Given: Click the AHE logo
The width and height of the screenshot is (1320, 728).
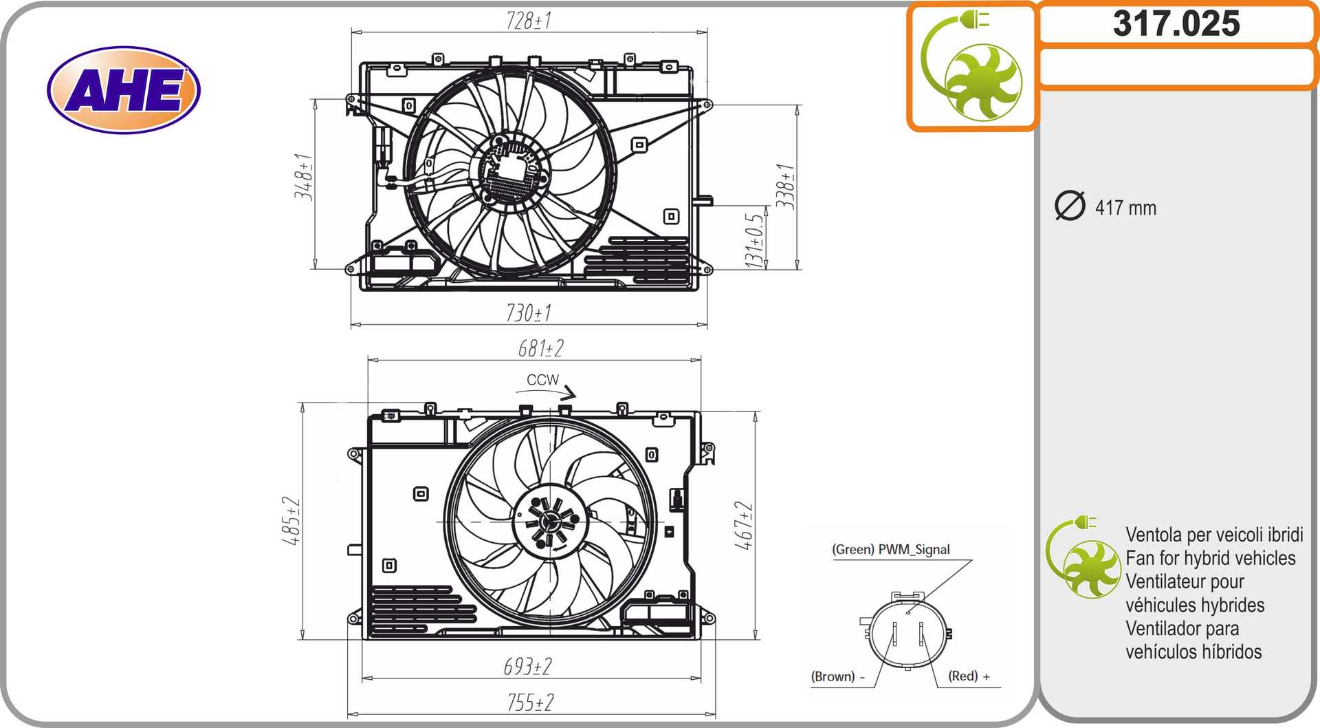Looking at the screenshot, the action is point(124,89).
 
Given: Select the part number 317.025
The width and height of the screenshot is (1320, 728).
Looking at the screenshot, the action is point(1176,23).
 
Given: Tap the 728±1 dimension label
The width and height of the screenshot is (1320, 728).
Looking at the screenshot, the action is point(529,21).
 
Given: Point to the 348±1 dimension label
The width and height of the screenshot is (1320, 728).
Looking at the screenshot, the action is point(304,177).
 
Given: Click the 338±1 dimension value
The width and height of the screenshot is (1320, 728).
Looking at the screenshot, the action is point(785,186).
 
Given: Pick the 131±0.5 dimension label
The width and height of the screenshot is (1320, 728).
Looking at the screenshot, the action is point(754,240).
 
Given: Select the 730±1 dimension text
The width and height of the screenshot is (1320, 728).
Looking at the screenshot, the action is point(529,313).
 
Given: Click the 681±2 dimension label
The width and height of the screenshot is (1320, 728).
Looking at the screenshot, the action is point(541,348).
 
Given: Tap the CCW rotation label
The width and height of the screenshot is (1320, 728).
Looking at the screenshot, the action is point(542,380).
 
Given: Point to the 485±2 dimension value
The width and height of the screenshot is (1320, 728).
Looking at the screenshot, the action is point(291,521).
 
